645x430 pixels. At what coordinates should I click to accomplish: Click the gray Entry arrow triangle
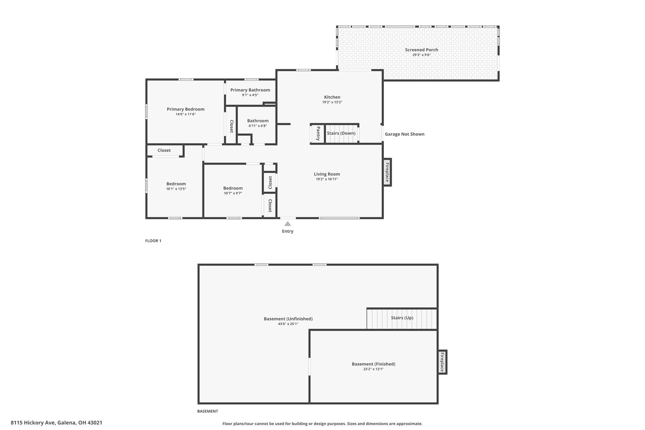click(x=288, y=224)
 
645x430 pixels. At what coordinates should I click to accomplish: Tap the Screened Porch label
click(x=421, y=50)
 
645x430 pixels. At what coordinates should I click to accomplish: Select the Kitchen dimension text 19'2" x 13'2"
click(x=332, y=102)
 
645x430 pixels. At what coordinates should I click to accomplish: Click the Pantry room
click(x=317, y=134)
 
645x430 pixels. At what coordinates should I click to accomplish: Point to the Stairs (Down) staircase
click(x=342, y=134)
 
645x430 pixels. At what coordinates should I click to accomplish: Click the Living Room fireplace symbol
click(x=387, y=172)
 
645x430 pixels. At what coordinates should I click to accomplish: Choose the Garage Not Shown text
click(x=405, y=134)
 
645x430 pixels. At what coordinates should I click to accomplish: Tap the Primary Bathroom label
click(x=250, y=90)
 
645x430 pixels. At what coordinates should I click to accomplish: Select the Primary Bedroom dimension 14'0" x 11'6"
click(x=186, y=114)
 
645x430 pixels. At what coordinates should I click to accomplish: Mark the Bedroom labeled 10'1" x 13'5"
click(x=176, y=186)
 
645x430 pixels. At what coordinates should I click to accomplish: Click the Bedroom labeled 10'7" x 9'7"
click(x=233, y=190)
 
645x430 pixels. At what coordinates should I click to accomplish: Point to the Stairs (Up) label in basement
click(x=402, y=318)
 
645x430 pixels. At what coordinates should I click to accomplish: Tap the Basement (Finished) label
click(x=374, y=364)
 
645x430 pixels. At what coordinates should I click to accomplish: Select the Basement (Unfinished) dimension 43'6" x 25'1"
click(x=288, y=324)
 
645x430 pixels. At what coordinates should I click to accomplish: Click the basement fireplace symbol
click(x=442, y=362)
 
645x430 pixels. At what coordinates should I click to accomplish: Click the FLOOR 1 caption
click(x=153, y=241)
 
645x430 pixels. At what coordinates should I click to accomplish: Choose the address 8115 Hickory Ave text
click(x=33, y=423)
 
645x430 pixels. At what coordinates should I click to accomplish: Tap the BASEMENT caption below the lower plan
click(x=208, y=411)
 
